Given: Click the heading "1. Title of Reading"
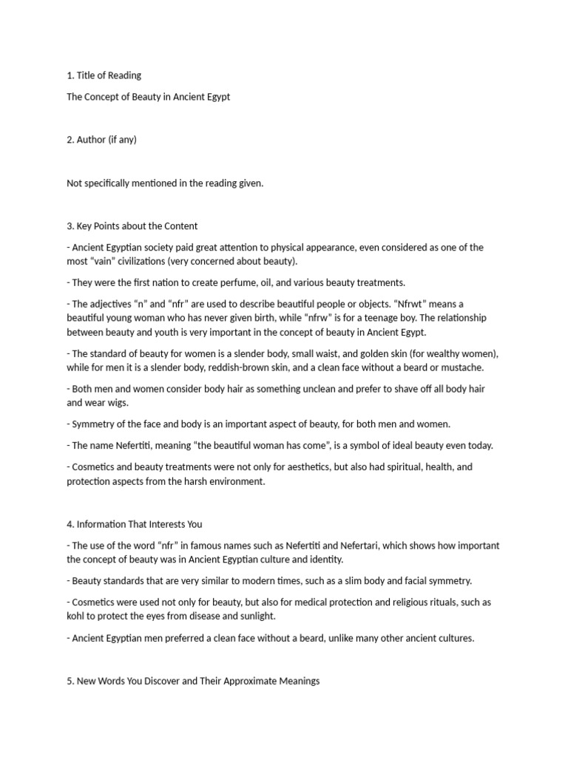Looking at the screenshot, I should pos(104,75).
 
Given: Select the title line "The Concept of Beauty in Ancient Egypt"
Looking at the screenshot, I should pos(148,97).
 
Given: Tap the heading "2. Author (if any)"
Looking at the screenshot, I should pos(101,140).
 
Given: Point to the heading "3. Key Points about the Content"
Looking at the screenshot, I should pos(132,226).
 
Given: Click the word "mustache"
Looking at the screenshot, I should pos(464,367).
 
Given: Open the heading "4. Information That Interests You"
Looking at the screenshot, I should pos(134,524).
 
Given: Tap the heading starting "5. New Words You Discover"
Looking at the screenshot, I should pos(192,681).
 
